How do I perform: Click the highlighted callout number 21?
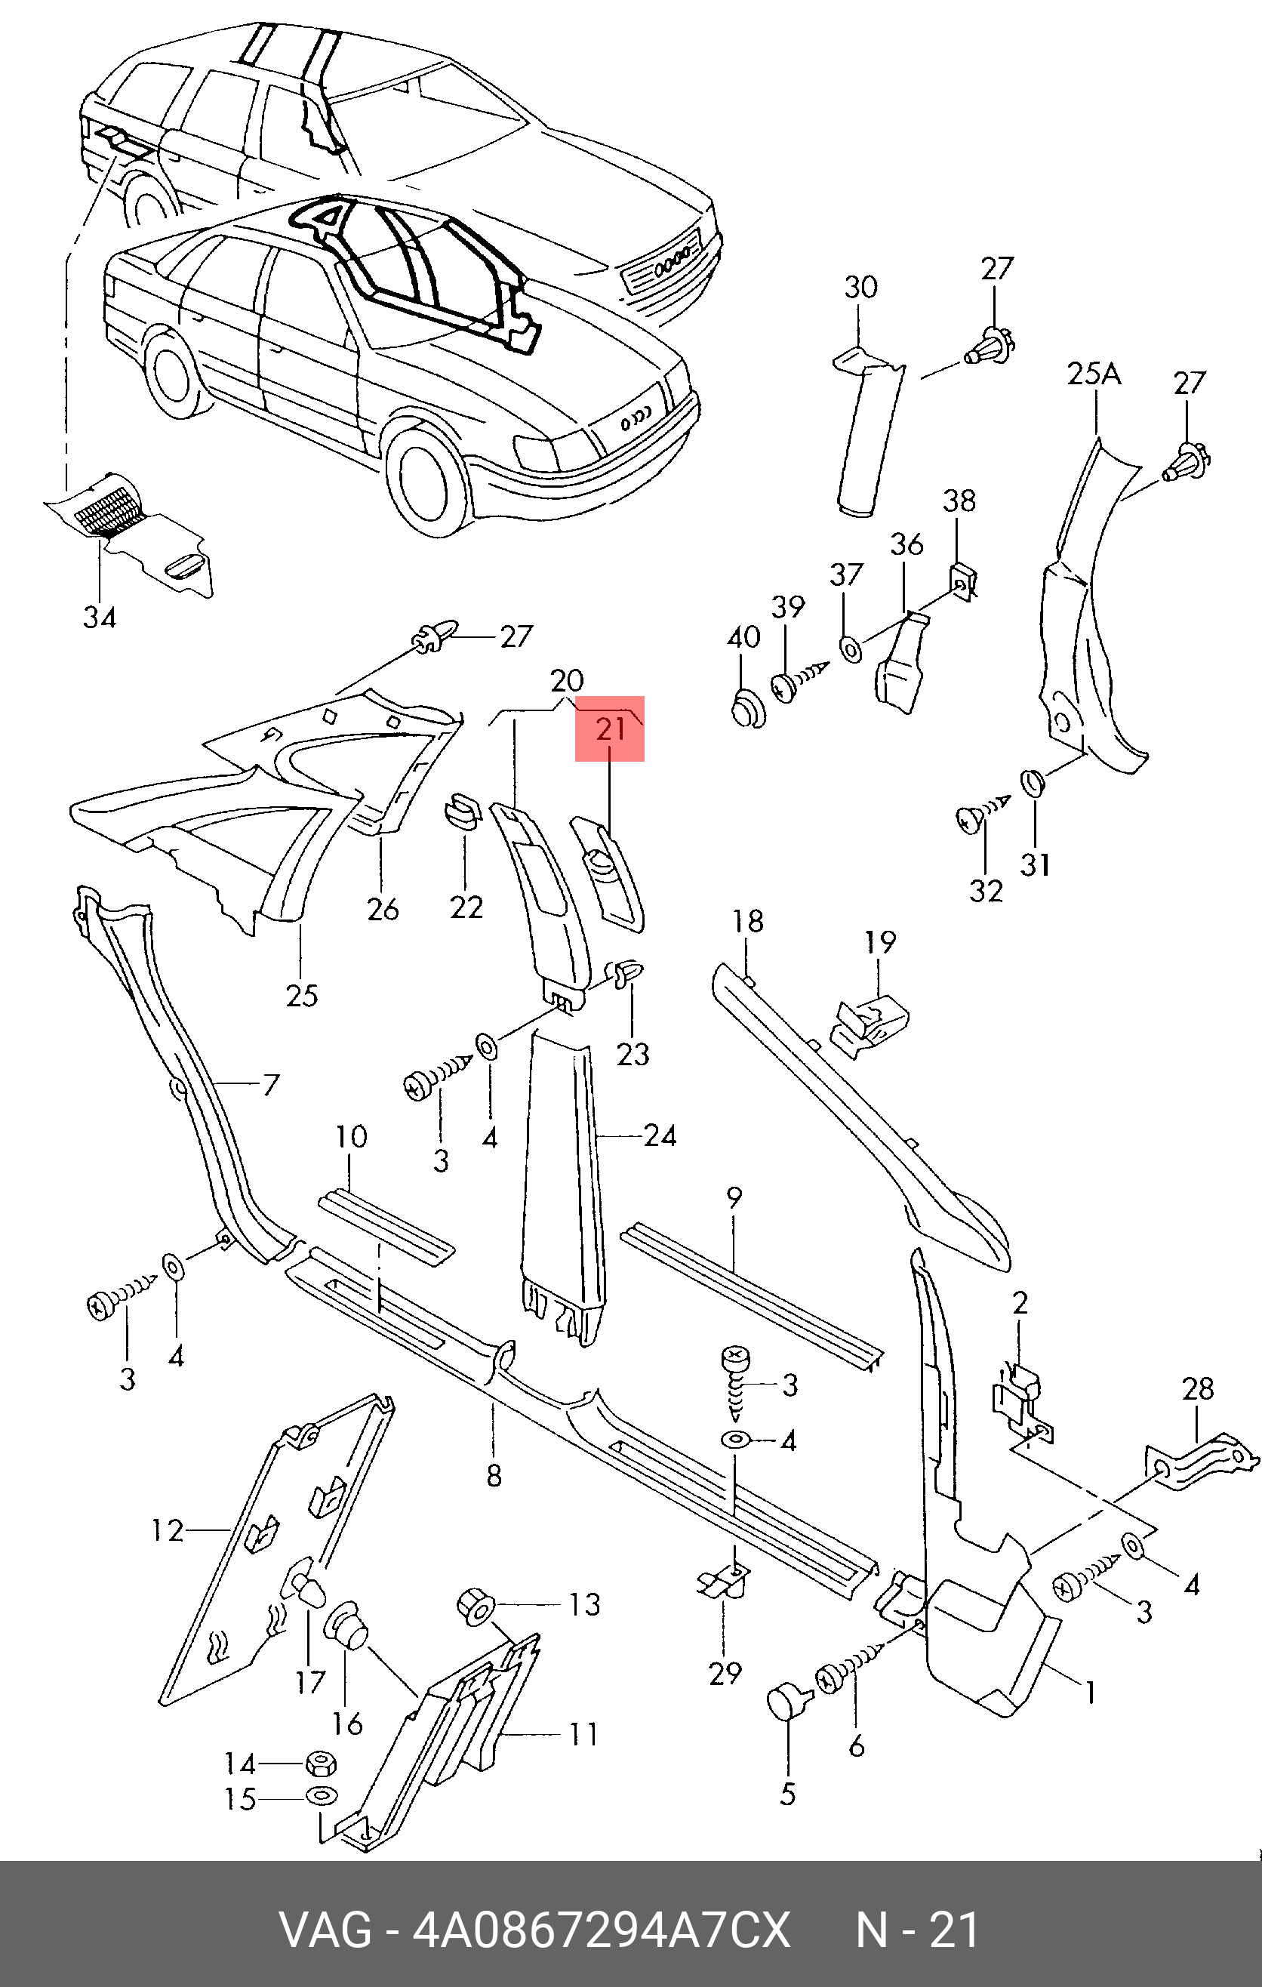(611, 729)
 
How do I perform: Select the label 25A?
(1094, 374)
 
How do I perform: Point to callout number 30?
(860, 287)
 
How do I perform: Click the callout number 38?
(959, 500)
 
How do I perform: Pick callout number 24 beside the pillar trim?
(660, 1136)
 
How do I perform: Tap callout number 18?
(748, 921)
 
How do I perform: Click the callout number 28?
(1198, 1389)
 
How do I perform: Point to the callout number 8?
(494, 1474)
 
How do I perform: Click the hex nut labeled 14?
(321, 1764)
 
